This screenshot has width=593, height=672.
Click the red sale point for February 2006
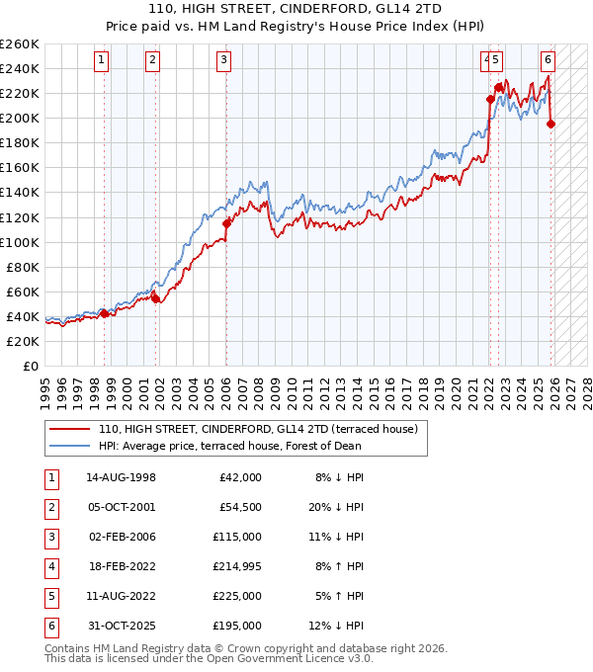coord(226,223)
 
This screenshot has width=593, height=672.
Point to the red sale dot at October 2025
coord(551,124)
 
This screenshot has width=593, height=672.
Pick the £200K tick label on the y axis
coord(20,118)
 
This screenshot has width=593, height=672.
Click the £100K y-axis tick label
coord(20,242)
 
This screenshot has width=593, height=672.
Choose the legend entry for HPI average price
coord(229,446)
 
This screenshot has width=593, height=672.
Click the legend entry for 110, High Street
coord(259,430)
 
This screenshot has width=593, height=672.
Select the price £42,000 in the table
coord(239,476)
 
